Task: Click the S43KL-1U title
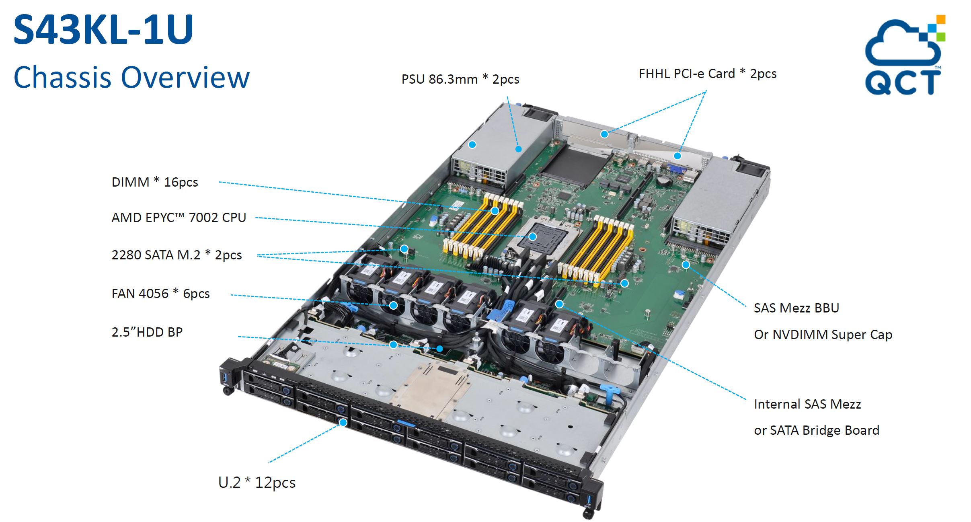(103, 29)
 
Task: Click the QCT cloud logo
(905, 55)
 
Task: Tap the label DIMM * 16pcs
(155, 182)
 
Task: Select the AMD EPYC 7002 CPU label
(179, 218)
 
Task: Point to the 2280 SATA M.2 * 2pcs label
(177, 255)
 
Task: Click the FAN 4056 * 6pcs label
(161, 294)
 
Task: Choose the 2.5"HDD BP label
(147, 332)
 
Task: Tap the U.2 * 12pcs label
(257, 482)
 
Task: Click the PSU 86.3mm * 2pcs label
(460, 79)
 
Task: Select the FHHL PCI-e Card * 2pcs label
(708, 74)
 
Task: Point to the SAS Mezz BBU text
(797, 308)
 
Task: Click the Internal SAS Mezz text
(807, 404)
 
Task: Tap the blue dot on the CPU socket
(533, 236)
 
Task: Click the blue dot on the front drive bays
(343, 422)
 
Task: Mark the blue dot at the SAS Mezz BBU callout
(686, 265)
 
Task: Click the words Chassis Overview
(131, 77)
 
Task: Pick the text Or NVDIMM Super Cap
(823, 335)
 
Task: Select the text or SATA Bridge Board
(817, 430)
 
